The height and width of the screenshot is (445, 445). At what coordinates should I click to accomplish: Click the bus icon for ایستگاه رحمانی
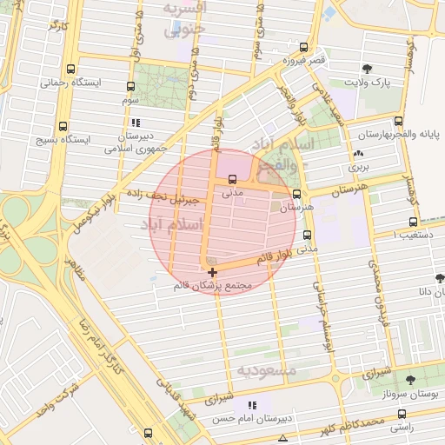click(70, 69)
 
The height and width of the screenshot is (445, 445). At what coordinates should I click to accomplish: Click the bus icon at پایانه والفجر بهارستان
click(398, 122)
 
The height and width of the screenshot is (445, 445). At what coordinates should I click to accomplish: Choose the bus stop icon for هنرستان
click(298, 195)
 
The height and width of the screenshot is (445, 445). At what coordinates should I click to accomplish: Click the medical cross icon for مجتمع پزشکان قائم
click(212, 272)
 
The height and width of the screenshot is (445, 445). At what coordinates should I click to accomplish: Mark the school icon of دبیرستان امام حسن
click(252, 405)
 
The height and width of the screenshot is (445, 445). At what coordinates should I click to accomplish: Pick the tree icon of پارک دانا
click(438, 279)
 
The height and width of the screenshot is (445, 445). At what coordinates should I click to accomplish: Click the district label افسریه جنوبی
click(185, 19)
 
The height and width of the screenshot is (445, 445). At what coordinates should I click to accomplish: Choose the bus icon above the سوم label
click(130, 86)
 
